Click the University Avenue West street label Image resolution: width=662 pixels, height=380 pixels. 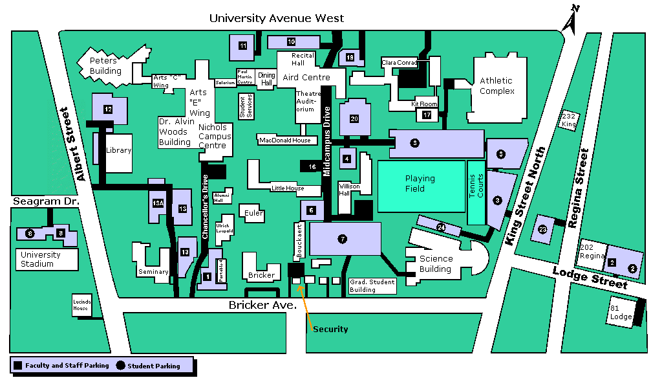276,18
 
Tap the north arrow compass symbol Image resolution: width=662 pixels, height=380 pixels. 571,18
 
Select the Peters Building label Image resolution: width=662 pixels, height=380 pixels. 104,66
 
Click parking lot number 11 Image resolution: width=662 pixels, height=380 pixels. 242,46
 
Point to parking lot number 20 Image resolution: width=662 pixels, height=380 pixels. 354,119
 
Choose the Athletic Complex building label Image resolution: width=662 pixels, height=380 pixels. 496,86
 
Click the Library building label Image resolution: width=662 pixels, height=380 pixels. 118,151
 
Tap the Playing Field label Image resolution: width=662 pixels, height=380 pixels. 420,183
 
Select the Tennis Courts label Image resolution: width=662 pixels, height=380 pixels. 475,186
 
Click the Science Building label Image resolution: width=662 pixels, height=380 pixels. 436,263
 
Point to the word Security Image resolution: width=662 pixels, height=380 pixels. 330,330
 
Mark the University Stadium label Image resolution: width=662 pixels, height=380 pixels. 41,259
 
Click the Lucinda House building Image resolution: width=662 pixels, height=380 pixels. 81,306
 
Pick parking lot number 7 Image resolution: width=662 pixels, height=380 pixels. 343,239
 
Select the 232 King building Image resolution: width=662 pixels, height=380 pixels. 568,120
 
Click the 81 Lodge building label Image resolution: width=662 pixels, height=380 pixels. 621,313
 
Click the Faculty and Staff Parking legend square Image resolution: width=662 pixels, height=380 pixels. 18,366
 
